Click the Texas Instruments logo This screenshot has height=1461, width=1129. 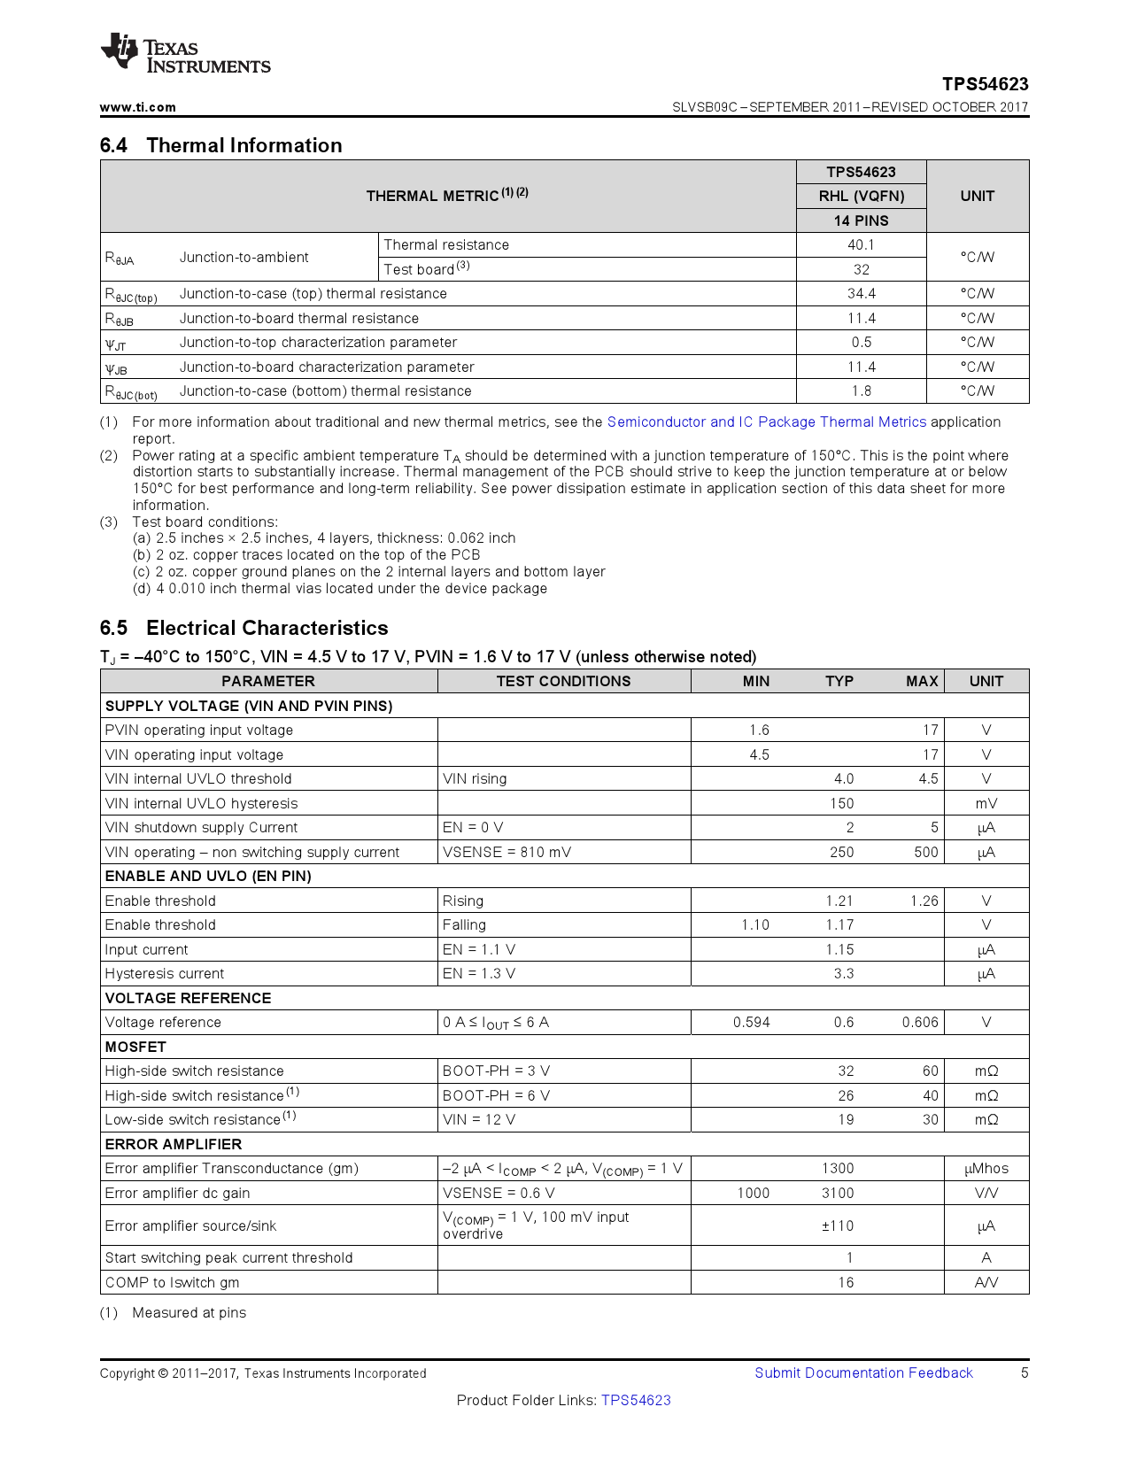185,54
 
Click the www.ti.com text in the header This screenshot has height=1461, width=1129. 137,107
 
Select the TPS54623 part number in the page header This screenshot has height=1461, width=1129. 985,84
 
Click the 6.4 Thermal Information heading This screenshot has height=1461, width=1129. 220,145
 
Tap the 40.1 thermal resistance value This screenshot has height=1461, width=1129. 861,245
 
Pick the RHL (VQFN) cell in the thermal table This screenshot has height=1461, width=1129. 861,196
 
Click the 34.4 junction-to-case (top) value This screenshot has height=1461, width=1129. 861,294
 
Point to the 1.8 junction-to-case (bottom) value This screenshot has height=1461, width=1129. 861,391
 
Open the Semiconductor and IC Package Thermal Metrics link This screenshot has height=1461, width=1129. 766,422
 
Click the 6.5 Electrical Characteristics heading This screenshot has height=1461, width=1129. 244,628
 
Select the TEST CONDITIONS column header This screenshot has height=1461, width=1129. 563,681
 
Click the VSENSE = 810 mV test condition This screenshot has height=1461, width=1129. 507,852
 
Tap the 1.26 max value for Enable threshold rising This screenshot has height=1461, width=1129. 924,901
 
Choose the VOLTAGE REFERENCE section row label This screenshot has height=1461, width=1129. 188,998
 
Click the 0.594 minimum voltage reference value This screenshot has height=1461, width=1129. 751,1022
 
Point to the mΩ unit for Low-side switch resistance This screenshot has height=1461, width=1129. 986,1119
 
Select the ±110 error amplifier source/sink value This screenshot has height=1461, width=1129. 837,1225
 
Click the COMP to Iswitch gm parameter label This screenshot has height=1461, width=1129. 172,1282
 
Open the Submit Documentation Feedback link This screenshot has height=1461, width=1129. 863,1372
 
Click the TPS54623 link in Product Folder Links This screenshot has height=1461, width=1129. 636,1400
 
